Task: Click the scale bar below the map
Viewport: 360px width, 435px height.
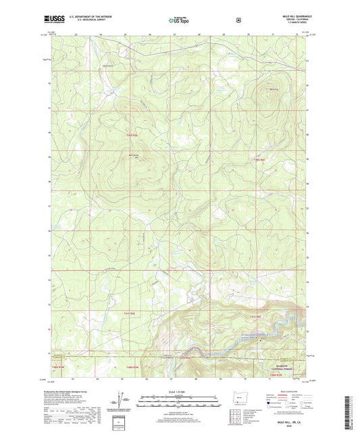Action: [179, 405]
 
